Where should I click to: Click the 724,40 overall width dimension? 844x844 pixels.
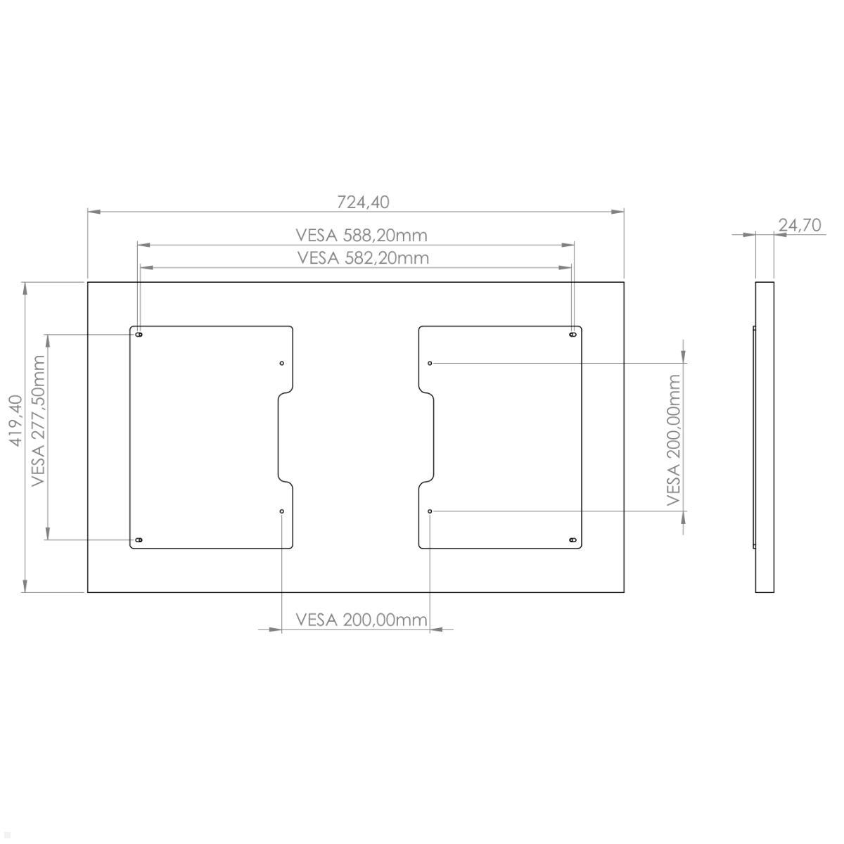tap(363, 202)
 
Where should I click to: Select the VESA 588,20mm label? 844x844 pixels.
tap(361, 234)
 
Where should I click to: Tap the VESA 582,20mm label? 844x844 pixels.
tap(363, 257)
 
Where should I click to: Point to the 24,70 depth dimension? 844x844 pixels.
tap(800, 225)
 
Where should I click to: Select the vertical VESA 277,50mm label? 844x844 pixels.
tap(38, 421)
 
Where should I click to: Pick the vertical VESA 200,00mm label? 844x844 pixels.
tap(674, 440)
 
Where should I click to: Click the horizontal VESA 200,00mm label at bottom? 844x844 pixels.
tap(362, 620)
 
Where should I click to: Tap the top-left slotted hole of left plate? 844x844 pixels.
tap(139, 335)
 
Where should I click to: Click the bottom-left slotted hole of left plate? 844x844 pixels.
tap(139, 539)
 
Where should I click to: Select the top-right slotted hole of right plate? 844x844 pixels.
tap(573, 335)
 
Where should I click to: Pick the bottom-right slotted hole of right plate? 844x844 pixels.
tap(573, 540)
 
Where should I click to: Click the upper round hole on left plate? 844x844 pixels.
tap(281, 363)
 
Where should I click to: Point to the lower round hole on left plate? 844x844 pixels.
tap(281, 511)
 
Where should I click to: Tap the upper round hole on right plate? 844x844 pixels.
tap(430, 363)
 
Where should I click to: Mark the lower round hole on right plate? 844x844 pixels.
tap(430, 511)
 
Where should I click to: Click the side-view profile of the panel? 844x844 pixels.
tap(765, 437)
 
